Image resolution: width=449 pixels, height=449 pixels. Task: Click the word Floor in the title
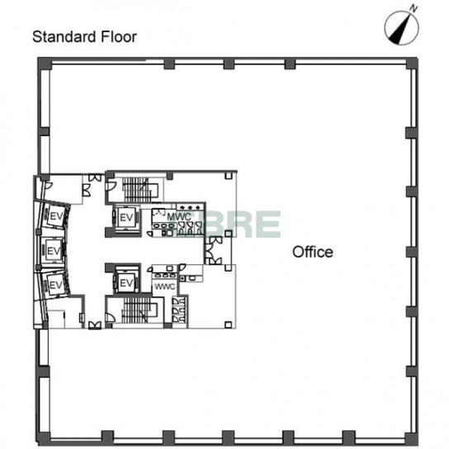pos(119,37)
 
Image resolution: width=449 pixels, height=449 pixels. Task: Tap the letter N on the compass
pos(414,8)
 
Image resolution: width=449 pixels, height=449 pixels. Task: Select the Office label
pos(313,252)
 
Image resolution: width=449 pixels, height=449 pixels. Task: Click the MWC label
pos(179,217)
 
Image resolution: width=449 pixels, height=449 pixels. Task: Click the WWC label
pos(164,286)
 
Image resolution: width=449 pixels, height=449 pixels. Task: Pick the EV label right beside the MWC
pos(126,218)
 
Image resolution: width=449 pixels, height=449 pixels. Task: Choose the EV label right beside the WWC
pos(126,283)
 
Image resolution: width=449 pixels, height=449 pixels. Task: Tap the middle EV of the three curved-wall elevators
pos(54,251)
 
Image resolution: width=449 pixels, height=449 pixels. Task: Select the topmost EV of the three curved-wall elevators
pos(56,216)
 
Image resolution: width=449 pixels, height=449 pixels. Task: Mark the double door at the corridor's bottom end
pos(95,325)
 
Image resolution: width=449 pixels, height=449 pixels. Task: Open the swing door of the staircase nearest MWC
pos(111,187)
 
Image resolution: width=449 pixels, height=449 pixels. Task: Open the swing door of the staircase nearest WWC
pos(111,317)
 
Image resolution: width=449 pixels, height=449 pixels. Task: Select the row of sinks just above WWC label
pos(164,275)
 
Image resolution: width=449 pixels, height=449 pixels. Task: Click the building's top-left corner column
pos(45,64)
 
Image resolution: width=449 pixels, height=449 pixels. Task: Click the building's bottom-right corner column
pos(412,439)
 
